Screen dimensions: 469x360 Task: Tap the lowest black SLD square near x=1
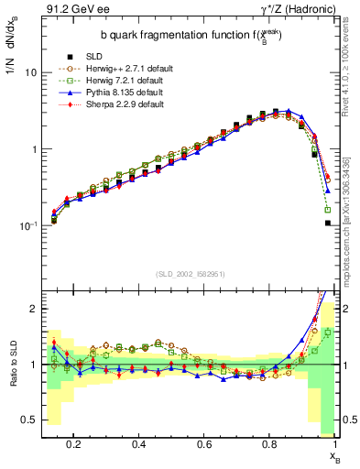tap(327, 223)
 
